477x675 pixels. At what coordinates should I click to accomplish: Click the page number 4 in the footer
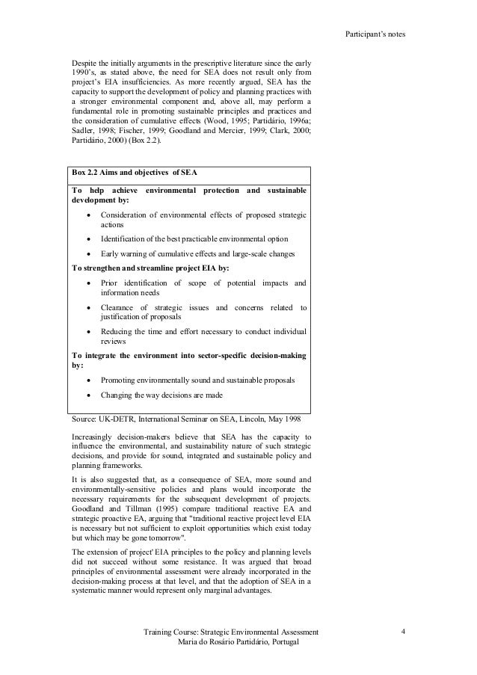pos(402,633)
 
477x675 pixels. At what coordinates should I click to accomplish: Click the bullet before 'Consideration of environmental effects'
pos(89,215)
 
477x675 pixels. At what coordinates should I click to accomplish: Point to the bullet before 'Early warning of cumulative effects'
pos(89,253)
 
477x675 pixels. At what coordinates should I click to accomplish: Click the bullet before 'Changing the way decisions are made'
pos(89,395)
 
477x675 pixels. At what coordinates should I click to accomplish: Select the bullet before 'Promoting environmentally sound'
pos(89,380)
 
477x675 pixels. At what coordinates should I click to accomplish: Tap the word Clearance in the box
pos(118,307)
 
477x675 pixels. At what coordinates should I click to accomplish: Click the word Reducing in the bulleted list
pos(117,331)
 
